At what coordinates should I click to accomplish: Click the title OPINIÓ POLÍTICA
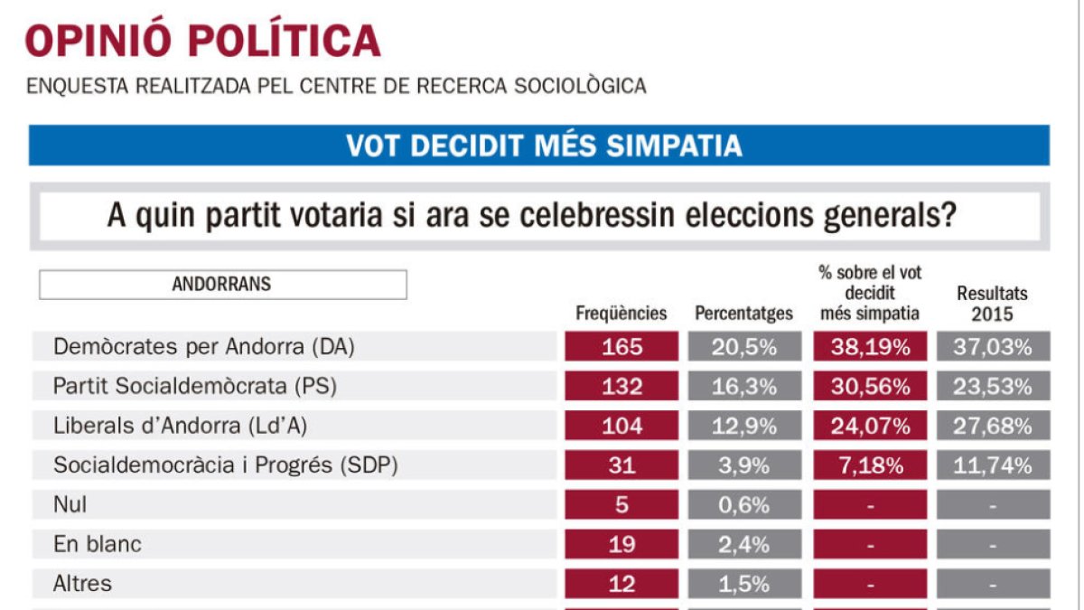click(202, 41)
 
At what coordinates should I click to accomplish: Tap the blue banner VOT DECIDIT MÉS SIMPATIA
click(538, 145)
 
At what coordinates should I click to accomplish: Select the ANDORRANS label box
click(222, 285)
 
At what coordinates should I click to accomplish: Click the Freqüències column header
click(621, 314)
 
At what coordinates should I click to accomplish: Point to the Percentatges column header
click(743, 314)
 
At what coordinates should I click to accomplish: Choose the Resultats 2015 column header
click(992, 304)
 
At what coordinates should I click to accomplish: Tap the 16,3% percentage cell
click(743, 387)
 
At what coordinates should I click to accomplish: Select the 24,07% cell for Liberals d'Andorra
click(870, 426)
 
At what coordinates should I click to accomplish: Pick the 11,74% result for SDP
click(992, 465)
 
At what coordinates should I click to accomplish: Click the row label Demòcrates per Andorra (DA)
click(199, 347)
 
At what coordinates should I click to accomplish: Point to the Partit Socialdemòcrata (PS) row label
click(195, 387)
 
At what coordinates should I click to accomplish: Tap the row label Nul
click(70, 505)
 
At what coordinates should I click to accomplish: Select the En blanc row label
click(98, 545)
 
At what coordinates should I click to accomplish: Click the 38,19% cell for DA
click(870, 347)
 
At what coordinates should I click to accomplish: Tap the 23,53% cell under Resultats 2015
click(992, 387)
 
